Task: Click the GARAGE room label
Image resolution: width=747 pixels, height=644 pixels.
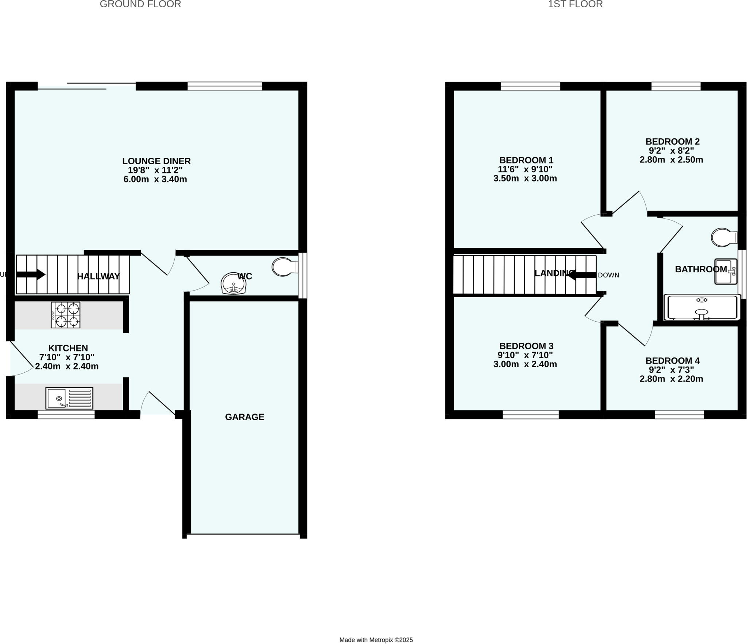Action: (x=244, y=417)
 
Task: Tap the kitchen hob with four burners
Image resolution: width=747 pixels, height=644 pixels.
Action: (x=66, y=315)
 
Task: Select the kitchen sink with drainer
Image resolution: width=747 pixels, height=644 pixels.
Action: (x=69, y=398)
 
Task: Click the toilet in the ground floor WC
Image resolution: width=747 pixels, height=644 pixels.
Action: (x=284, y=267)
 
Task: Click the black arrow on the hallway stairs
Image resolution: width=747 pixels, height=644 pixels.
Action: (x=31, y=275)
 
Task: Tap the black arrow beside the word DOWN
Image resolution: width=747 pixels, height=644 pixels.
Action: (x=581, y=275)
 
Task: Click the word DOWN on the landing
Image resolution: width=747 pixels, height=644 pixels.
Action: (x=608, y=275)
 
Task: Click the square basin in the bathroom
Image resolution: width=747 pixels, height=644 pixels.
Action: (x=725, y=272)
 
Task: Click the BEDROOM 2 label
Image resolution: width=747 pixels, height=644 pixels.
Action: (x=672, y=141)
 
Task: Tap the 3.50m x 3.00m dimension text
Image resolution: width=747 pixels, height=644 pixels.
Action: (x=525, y=179)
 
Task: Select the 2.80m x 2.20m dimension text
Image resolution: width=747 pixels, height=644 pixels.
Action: (x=671, y=379)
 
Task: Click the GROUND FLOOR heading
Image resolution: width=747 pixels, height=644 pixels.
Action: (x=140, y=4)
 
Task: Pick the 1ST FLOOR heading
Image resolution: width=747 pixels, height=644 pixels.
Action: (x=575, y=4)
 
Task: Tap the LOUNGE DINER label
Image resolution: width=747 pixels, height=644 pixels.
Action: (x=156, y=161)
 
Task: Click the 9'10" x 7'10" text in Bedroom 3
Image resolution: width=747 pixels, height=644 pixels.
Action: (x=525, y=355)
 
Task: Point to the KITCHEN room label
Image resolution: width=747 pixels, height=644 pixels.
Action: (x=68, y=348)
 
